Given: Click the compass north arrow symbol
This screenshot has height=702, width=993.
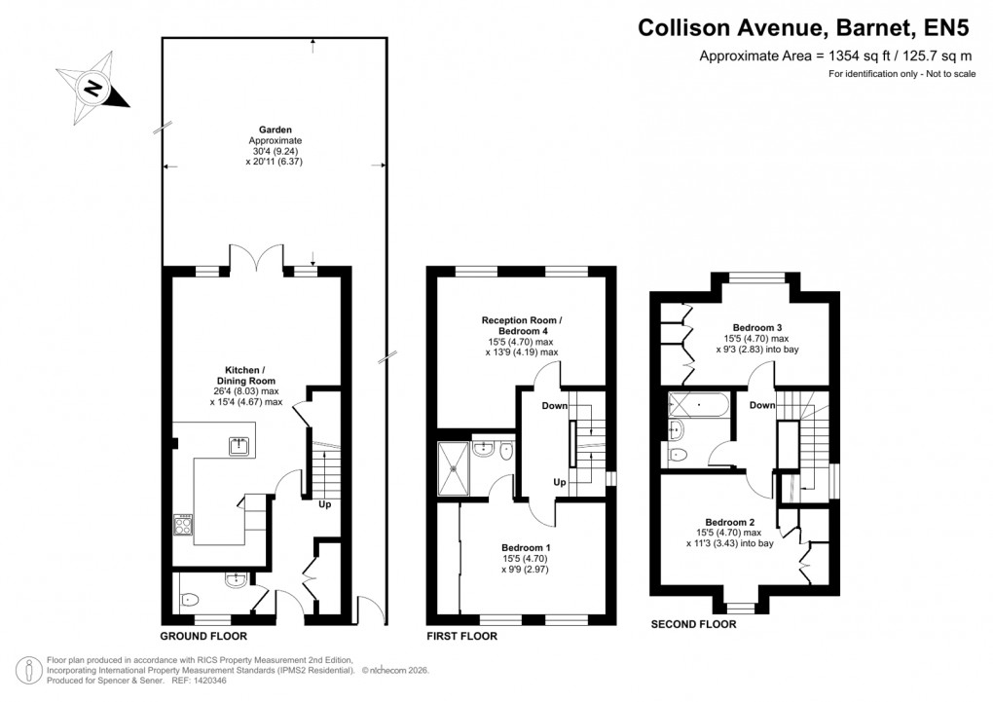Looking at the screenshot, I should pyautogui.click(x=93, y=88).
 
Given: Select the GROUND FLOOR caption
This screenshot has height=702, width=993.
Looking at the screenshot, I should pyautogui.click(x=203, y=636).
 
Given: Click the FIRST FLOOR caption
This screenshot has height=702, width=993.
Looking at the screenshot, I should pyautogui.click(x=461, y=636).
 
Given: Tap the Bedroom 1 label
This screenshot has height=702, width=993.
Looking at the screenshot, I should pyautogui.click(x=526, y=547).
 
